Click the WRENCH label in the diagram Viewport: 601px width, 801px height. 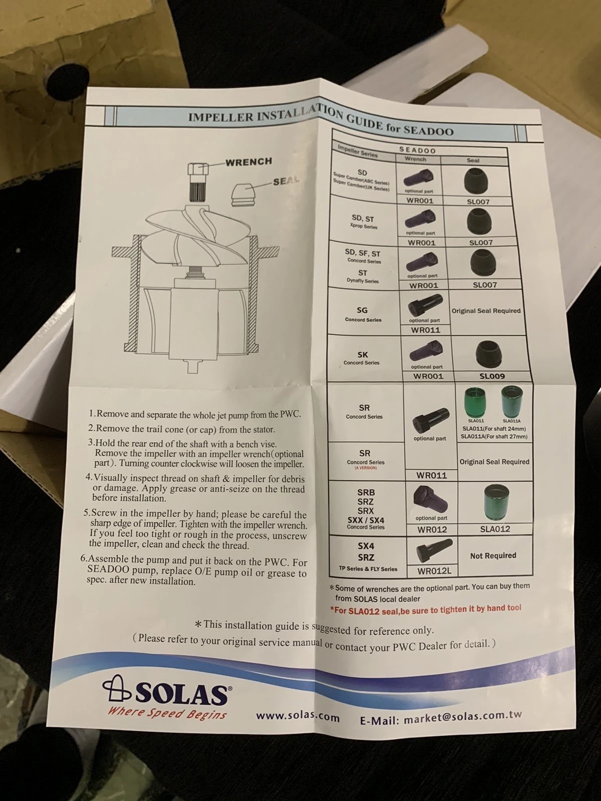248,161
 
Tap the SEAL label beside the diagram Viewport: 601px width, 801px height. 286,181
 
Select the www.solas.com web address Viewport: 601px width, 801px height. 297,716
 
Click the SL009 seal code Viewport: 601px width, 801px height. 492,376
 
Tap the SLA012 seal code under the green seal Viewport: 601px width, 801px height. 495,529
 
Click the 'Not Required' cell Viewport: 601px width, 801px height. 493,556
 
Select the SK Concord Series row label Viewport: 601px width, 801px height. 362,357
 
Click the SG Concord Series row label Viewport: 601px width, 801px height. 363,314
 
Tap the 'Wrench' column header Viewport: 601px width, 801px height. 415,160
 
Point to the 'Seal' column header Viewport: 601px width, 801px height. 473,161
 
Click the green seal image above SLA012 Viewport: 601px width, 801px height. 497,503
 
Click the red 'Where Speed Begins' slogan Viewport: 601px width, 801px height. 167,713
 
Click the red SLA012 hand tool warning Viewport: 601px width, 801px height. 426,609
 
